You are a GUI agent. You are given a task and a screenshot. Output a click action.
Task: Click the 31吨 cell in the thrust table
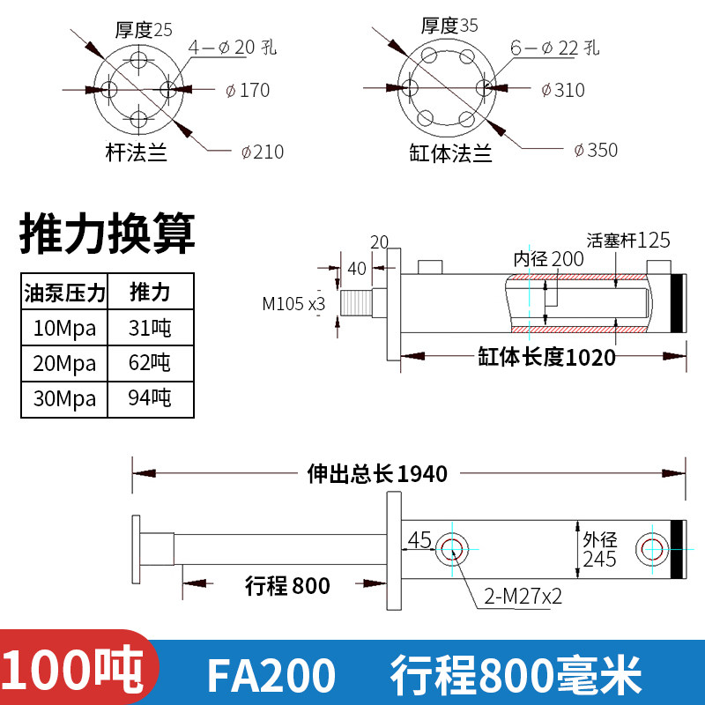click(x=150, y=328)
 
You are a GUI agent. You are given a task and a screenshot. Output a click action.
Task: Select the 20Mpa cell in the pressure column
click(x=64, y=363)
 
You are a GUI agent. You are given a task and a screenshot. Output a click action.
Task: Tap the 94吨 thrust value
click(x=150, y=398)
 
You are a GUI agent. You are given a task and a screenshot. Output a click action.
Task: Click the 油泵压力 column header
click(x=64, y=293)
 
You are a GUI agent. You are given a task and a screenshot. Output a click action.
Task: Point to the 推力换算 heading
click(x=107, y=234)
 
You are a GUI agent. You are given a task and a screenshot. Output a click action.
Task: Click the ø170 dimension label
click(x=248, y=91)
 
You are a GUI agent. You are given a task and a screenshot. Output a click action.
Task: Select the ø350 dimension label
click(x=596, y=150)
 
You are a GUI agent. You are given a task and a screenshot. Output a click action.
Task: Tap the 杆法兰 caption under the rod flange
click(x=137, y=152)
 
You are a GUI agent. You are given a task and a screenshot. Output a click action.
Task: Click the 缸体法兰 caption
click(x=450, y=152)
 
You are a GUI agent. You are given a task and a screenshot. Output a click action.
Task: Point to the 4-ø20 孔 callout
click(x=233, y=48)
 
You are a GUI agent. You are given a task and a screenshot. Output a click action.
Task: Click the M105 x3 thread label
click(x=293, y=304)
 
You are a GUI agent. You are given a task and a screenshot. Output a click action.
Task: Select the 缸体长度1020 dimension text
click(x=546, y=358)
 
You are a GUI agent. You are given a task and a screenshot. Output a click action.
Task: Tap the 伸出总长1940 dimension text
click(x=377, y=473)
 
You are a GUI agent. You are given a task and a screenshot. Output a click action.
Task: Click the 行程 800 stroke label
click(x=287, y=586)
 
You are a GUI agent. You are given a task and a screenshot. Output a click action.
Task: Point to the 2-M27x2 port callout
click(x=523, y=597)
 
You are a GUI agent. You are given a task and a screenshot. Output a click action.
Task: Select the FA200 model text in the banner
click(x=271, y=675)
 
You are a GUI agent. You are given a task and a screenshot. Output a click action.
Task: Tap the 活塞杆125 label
click(x=628, y=240)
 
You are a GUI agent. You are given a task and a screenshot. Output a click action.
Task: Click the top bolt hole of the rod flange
click(x=139, y=59)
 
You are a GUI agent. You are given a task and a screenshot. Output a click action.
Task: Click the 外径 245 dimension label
click(x=600, y=549)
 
